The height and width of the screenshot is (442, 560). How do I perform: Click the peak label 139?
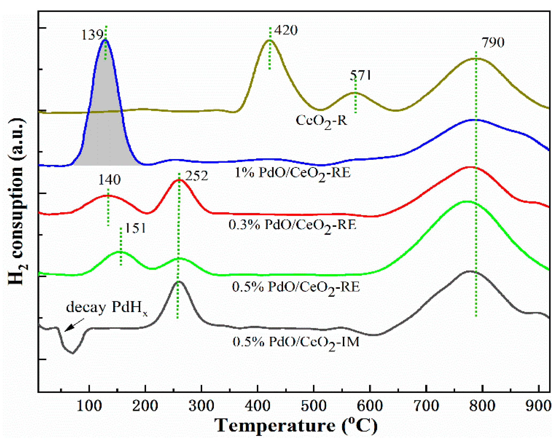(92, 35)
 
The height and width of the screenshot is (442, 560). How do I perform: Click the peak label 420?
(286, 30)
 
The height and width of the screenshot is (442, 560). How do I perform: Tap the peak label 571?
(360, 76)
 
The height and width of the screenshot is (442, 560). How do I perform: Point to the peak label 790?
(493, 43)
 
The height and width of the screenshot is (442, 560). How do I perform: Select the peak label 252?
(196, 176)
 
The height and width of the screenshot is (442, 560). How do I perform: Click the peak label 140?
(109, 180)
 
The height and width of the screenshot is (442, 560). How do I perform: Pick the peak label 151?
(135, 228)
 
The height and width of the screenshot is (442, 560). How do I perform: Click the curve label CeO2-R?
(321, 121)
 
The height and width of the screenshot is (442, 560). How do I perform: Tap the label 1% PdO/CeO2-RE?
(292, 173)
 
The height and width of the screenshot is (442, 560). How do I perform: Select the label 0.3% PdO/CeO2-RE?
(292, 225)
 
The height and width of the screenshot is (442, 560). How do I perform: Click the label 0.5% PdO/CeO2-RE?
(296, 288)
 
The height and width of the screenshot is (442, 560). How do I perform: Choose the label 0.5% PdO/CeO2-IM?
(296, 342)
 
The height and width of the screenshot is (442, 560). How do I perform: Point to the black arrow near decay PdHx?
(74, 325)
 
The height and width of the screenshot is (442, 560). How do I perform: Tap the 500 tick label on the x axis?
(313, 406)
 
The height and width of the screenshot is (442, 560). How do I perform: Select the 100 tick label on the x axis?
(89, 406)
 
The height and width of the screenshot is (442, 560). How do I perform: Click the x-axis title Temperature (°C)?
(296, 426)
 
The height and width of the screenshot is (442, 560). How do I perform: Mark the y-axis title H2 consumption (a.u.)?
(17, 202)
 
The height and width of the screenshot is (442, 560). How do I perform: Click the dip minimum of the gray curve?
(72, 353)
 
